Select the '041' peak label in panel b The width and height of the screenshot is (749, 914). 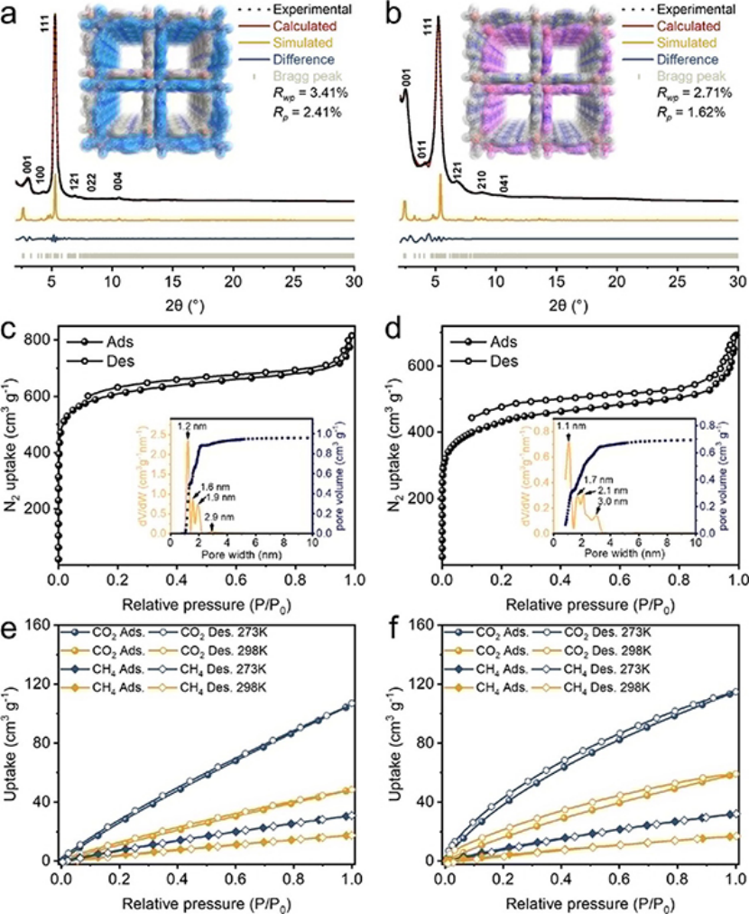click(511, 191)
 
